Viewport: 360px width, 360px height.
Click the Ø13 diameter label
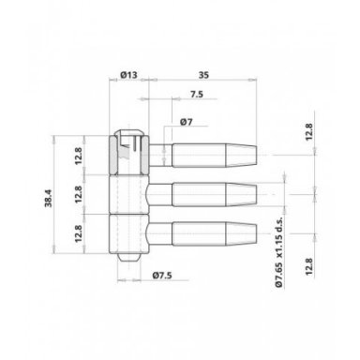pos(128,75)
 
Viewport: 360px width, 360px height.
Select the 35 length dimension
pos(203,75)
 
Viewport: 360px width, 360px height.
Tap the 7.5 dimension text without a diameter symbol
pos(197,94)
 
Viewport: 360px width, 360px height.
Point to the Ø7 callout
pos(187,122)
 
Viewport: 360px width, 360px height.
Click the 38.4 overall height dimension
pos(49,198)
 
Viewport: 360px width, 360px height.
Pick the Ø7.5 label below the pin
pos(162,276)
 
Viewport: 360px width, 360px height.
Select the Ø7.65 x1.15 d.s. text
pos(278,252)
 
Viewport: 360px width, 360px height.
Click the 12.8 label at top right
pos(308,132)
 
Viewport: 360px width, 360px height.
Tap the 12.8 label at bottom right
pos(308,266)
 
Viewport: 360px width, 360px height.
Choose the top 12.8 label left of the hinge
pos(78,156)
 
